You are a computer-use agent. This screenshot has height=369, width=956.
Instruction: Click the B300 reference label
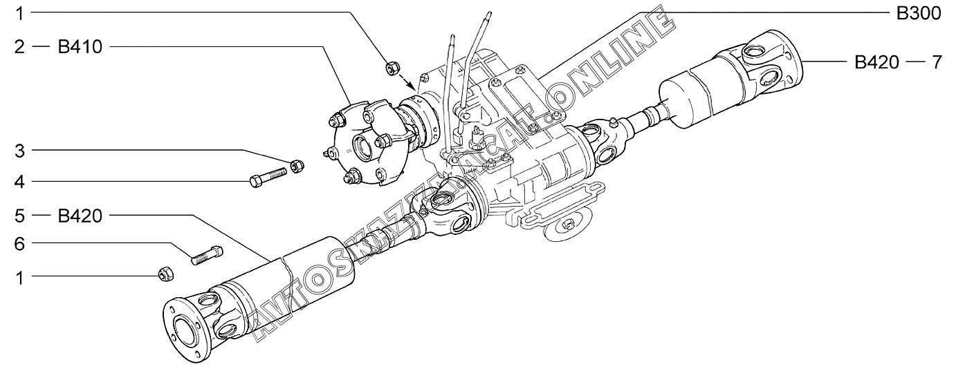pos(918,12)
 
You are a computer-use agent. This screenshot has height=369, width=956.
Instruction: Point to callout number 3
pos(19,150)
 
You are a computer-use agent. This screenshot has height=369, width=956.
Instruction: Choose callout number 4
pos(19,182)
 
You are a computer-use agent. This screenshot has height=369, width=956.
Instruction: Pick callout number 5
pos(19,216)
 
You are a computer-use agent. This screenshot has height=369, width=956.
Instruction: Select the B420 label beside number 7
pos(877,62)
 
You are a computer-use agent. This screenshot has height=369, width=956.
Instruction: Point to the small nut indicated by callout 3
pos(296,165)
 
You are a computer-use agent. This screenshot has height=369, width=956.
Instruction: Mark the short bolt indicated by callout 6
pos(206,255)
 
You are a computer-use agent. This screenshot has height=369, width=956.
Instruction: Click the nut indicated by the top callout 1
pos(390,67)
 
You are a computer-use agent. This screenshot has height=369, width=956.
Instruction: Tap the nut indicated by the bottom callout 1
pos(165,274)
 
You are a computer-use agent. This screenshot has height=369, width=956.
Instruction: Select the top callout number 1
pos(19,12)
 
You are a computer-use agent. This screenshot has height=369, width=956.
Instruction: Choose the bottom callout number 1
pos(19,278)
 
